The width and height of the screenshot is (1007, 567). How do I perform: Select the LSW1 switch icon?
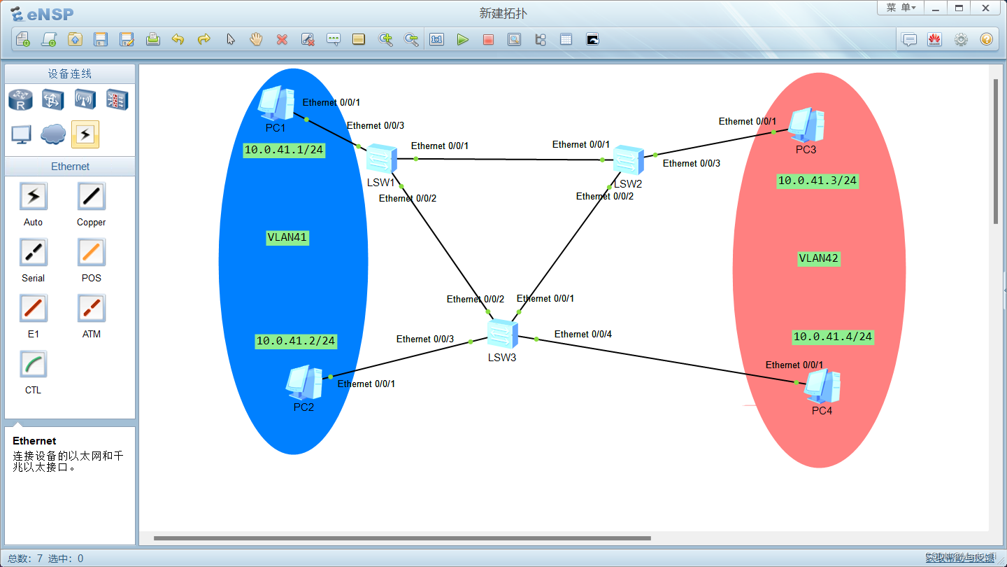(x=382, y=159)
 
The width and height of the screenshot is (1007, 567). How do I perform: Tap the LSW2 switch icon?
(x=628, y=160)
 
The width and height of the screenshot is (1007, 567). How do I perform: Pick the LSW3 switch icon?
(x=502, y=334)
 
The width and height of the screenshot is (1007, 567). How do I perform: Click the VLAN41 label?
(x=287, y=237)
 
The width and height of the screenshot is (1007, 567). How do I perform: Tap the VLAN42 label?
(x=818, y=258)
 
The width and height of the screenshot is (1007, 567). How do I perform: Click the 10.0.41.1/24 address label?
(x=284, y=150)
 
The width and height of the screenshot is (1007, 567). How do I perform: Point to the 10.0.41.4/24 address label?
(x=832, y=337)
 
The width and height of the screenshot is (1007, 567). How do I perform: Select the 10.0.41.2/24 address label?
(x=296, y=341)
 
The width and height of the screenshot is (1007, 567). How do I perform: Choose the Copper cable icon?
(x=92, y=197)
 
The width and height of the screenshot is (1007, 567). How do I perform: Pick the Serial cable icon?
(x=33, y=253)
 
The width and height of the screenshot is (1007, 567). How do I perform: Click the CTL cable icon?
(x=33, y=365)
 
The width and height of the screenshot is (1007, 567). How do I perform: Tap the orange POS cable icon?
(x=92, y=253)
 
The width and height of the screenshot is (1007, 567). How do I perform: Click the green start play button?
(x=462, y=40)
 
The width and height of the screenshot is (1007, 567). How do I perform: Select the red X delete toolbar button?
(x=282, y=40)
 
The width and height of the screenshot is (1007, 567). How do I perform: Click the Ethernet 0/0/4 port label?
(x=583, y=334)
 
